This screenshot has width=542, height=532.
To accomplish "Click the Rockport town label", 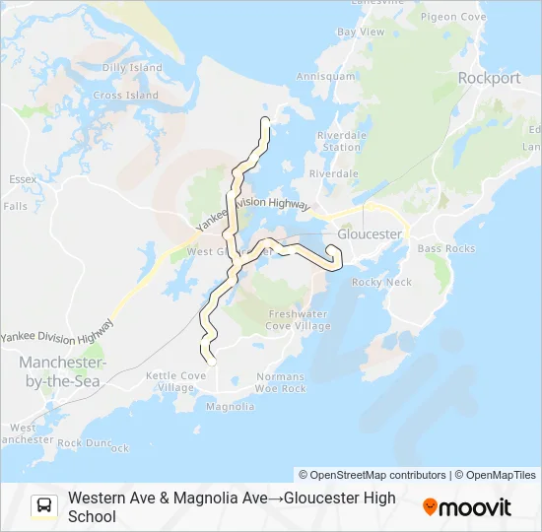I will [489, 78].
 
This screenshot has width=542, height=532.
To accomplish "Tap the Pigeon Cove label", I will [452, 17].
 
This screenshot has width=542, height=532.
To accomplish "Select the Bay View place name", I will [361, 32].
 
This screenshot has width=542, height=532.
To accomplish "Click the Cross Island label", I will [125, 96].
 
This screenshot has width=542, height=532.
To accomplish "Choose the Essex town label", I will [22, 179].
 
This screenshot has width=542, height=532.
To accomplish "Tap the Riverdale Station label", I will [338, 141].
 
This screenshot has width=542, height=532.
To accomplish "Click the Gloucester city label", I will [370, 234].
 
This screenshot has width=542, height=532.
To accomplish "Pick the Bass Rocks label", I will [445, 248].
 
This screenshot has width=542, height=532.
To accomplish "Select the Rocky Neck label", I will [381, 282].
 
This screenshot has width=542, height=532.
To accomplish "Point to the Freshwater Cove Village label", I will [299, 320].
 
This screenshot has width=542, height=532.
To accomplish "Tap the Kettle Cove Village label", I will [176, 381].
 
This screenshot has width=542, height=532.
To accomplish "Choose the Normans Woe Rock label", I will [281, 382].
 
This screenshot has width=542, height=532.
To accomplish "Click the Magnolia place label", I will [230, 406].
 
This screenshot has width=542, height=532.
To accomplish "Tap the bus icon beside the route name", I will [44, 506].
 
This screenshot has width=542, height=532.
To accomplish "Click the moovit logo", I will [467, 507].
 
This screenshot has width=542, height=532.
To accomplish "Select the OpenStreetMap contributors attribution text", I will [373, 475].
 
